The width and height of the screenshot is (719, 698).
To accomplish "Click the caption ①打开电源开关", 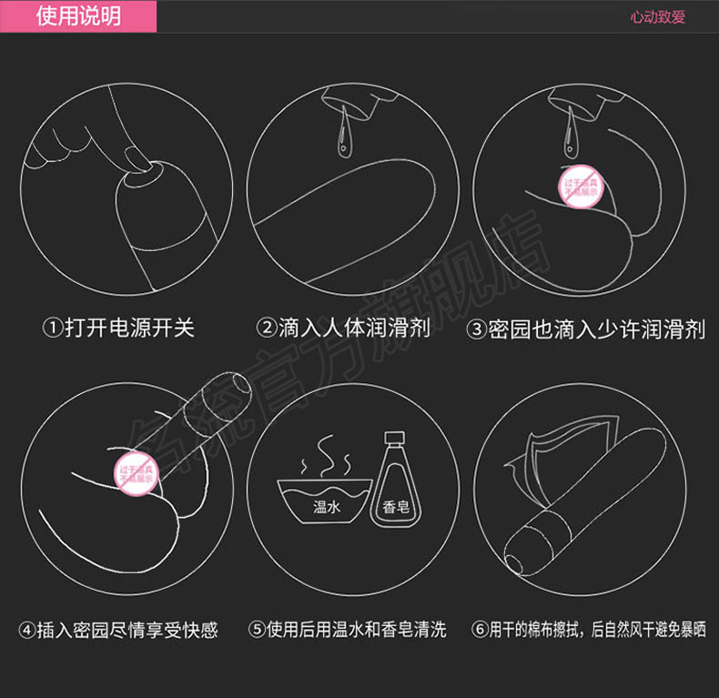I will pyautogui.click(x=119, y=328).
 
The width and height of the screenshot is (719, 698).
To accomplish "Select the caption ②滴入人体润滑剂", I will pyautogui.click(x=343, y=328).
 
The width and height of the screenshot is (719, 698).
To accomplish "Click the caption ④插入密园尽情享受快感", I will pyautogui.click(x=119, y=630).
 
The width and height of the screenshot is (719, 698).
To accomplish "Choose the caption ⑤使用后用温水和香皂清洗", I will pyautogui.click(x=348, y=630).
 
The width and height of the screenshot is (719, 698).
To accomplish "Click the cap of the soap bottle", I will pyautogui.click(x=394, y=441).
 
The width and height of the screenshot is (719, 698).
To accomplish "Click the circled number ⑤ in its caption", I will pyautogui.click(x=258, y=630).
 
